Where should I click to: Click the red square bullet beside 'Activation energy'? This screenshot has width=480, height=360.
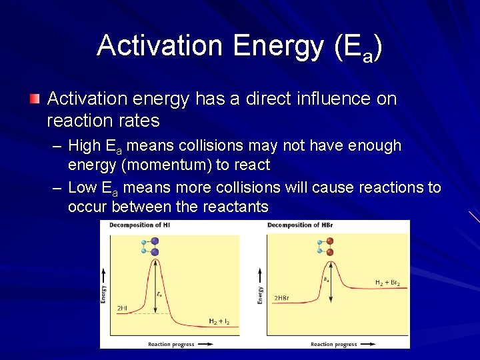34,99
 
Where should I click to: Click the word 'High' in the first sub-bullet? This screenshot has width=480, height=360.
85,146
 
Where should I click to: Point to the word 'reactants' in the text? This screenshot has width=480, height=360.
235,207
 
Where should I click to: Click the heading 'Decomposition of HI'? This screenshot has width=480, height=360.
141,225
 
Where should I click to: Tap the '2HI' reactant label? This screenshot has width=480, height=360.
123,308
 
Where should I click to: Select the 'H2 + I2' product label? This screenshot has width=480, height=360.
219,321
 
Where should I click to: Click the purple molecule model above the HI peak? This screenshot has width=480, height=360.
153,247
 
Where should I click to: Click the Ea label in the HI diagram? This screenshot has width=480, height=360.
159,293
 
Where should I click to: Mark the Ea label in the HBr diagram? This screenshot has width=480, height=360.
325,280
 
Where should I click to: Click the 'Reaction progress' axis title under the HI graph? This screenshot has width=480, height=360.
172,344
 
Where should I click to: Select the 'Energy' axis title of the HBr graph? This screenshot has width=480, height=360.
261,295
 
